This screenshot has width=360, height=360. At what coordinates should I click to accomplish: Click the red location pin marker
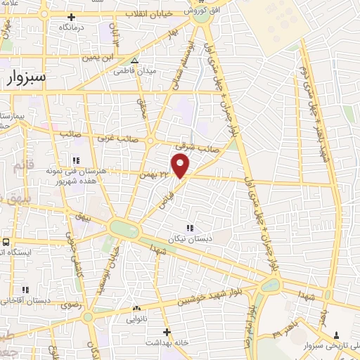click(181, 167)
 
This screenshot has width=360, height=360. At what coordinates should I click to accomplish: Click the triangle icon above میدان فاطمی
click(135, 60)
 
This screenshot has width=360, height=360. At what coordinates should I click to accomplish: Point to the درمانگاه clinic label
click(73, 26)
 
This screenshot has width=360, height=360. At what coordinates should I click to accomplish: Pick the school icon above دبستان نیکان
click(189, 226)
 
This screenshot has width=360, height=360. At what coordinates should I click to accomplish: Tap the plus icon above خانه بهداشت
click(166, 331)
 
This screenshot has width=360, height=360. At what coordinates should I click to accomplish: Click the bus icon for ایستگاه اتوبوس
click(6, 242)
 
